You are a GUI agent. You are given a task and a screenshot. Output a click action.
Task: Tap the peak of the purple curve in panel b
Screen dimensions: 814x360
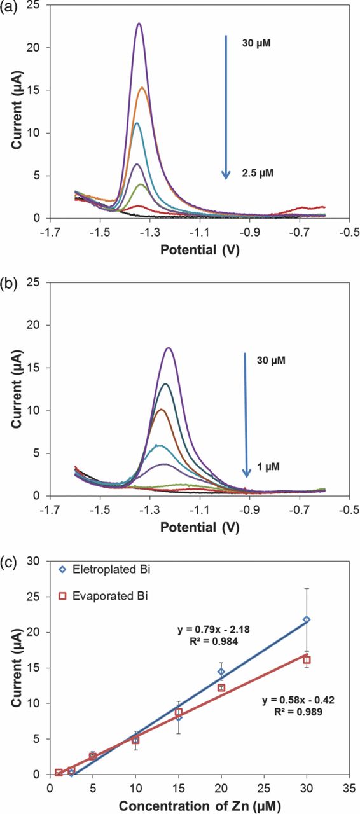pos(169,348)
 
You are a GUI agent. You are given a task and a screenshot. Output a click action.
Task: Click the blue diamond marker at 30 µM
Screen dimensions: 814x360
pos(307,619)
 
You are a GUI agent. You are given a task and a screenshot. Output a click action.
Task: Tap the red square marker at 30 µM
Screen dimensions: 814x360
pos(307,660)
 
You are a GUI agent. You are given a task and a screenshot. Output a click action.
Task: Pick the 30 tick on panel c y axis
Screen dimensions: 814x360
pos(37,562)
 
